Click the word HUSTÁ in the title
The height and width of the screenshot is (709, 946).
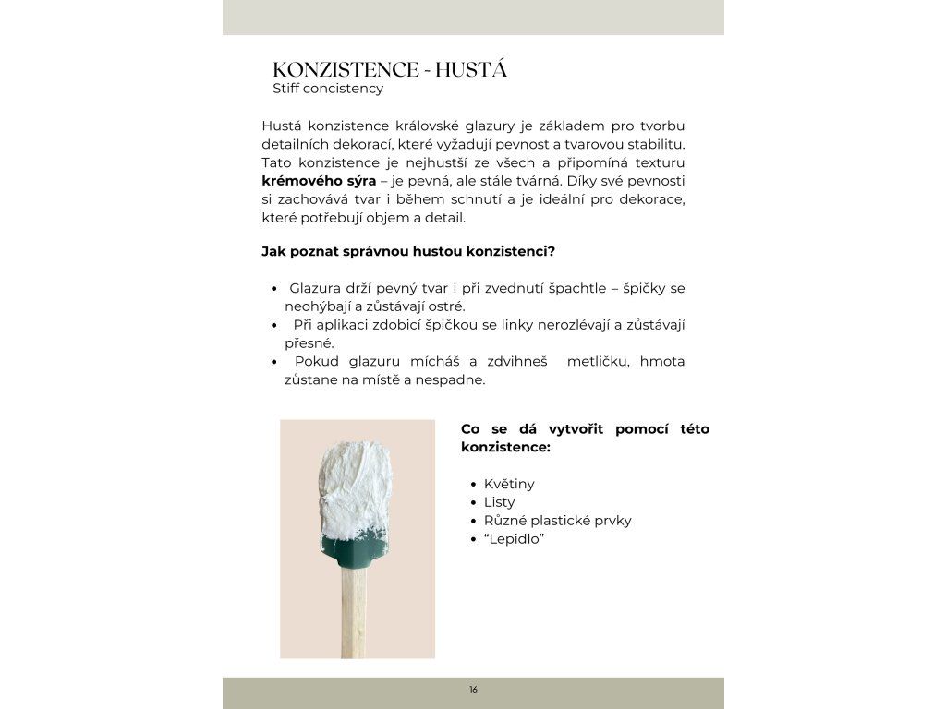click(471, 70)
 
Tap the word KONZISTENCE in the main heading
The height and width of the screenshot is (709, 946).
click(346, 70)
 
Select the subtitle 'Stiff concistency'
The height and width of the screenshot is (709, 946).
click(328, 89)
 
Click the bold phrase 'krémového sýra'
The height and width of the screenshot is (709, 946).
click(319, 181)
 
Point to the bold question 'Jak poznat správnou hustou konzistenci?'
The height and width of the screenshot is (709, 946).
click(408, 251)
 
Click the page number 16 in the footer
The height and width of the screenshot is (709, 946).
click(473, 690)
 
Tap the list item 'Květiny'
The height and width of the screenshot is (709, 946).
click(509, 484)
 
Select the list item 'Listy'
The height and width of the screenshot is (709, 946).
click(500, 502)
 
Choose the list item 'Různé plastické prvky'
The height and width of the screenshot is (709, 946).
click(558, 521)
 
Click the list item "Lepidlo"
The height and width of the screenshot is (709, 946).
click(515, 539)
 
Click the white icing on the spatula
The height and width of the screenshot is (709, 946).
click(356, 494)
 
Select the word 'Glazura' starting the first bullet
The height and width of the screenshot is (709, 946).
click(317, 288)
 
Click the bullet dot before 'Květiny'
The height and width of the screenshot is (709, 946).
click(474, 485)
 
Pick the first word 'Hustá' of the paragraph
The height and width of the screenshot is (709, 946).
click(281, 126)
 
